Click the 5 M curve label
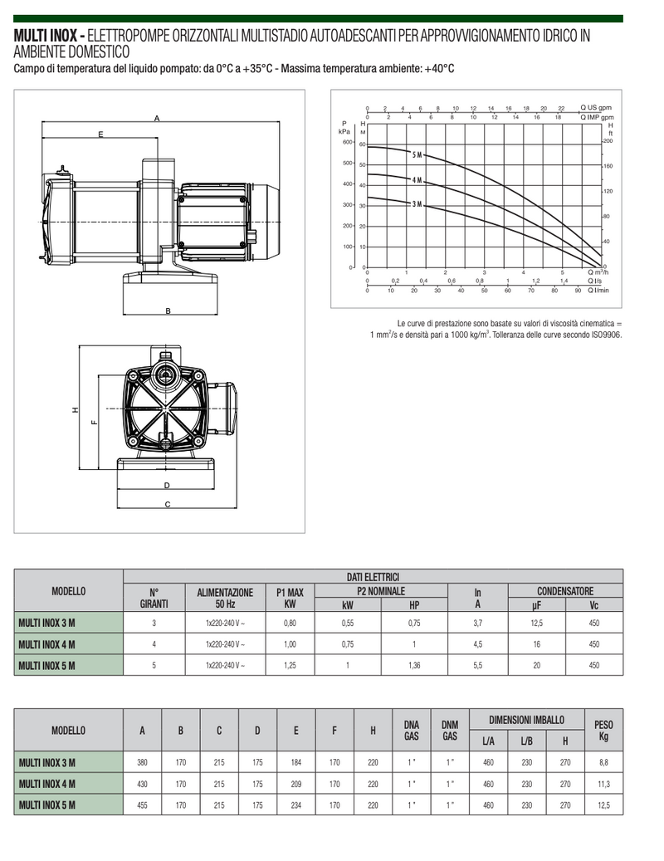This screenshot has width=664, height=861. point(417,155)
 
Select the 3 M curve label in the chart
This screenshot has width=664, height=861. point(417,204)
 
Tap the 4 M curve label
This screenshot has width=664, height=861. point(417,180)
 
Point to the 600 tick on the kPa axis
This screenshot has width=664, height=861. point(348,142)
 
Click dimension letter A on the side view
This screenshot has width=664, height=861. point(157,118)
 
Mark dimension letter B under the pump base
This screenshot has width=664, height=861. point(168,311)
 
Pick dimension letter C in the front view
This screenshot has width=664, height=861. point(168,504)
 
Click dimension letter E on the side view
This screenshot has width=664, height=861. point(100,134)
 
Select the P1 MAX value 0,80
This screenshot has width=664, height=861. point(290,624)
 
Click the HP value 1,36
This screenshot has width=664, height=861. point(414,666)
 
